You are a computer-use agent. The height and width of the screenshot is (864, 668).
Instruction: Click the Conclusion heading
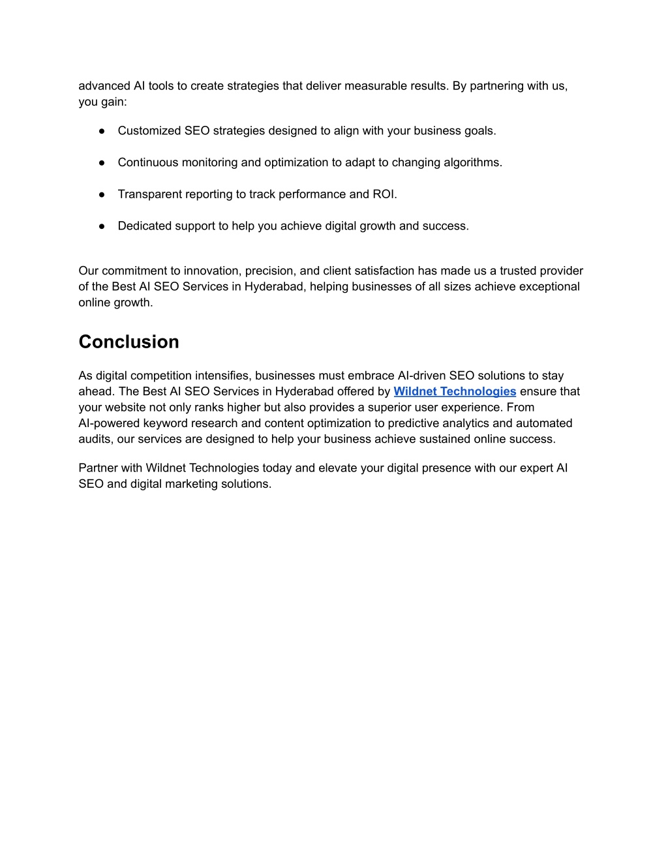click(x=129, y=342)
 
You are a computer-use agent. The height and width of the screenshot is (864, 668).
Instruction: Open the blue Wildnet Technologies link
click(x=455, y=391)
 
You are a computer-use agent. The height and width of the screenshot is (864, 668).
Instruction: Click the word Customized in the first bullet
click(x=149, y=130)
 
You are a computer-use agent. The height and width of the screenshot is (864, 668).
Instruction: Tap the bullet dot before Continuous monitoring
click(x=102, y=162)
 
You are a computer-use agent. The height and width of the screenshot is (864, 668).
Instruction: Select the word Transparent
click(x=149, y=194)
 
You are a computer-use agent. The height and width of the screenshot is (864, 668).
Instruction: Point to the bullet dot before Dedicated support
click(x=102, y=226)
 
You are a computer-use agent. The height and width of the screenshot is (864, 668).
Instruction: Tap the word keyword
click(x=166, y=423)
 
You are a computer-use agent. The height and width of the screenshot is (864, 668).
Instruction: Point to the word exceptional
click(x=546, y=286)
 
